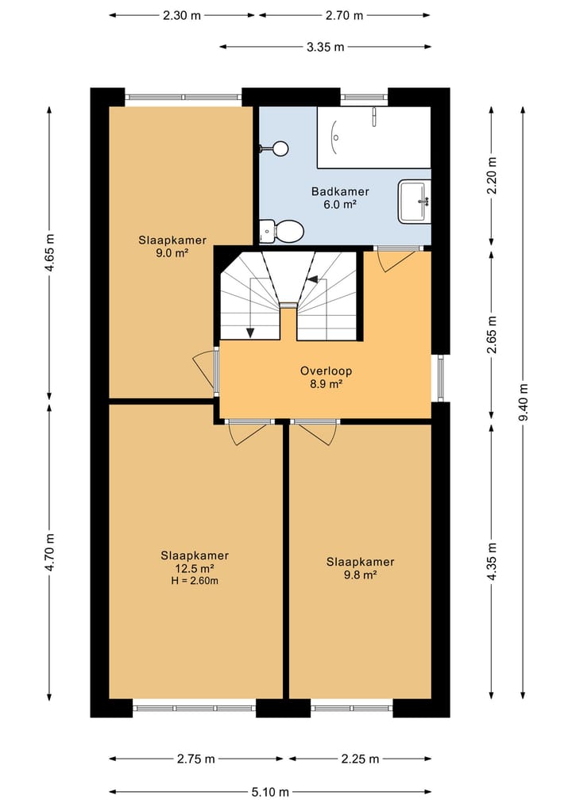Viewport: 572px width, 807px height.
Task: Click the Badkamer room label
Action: pyautogui.click(x=340, y=191)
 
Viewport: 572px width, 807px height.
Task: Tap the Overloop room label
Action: pyautogui.click(x=326, y=371)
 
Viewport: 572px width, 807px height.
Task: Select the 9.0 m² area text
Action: pyautogui.click(x=172, y=252)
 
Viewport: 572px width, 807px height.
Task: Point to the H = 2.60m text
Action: pyautogui.click(x=195, y=581)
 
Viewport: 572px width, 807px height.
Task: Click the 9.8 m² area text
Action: pyautogui.click(x=360, y=575)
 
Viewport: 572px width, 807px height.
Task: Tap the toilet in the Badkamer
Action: pyautogui.click(x=281, y=232)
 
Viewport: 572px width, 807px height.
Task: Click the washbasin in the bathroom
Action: pyautogui.click(x=414, y=202)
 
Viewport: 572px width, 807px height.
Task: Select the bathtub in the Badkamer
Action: pyautogui.click(x=373, y=137)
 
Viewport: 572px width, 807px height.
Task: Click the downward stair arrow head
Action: pyautogui.click(x=250, y=332)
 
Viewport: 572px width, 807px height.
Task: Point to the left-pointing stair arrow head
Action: pyautogui.click(x=312, y=279)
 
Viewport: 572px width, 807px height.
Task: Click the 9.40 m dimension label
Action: pyautogui.click(x=523, y=402)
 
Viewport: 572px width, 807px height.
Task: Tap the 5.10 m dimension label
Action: pyautogui.click(x=269, y=792)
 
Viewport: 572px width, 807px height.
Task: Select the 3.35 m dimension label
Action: pyautogui.click(x=325, y=47)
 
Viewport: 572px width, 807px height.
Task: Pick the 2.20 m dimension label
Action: pyautogui.click(x=492, y=175)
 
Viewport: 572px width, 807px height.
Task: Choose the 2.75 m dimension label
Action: pyautogui.click(x=195, y=759)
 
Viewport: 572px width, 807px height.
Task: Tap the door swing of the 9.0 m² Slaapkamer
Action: pyautogui.click(x=204, y=371)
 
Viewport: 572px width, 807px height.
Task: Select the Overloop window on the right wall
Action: pyautogui.click(x=441, y=379)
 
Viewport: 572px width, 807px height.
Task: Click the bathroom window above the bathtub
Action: pyautogui.click(x=364, y=97)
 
